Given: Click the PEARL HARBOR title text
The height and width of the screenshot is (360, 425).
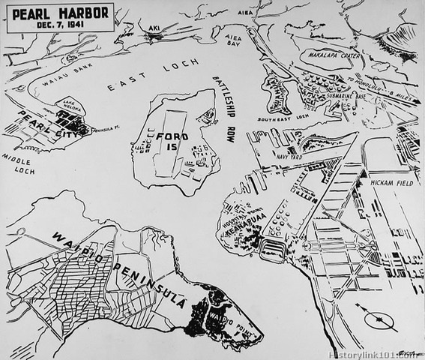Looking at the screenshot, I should (61, 13).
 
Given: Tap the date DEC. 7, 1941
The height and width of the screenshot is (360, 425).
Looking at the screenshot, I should (61, 24).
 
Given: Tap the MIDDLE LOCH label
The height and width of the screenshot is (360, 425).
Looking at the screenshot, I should (19, 163).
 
